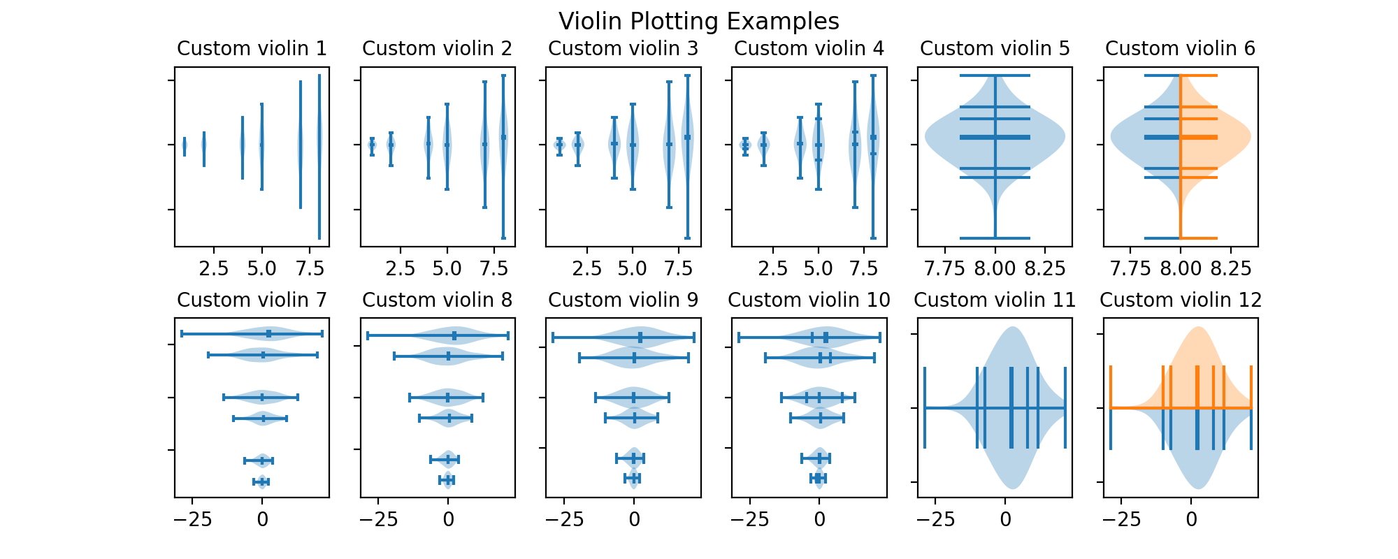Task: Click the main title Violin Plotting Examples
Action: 699,22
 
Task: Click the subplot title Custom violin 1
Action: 252,48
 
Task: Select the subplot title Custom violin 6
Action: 1180,48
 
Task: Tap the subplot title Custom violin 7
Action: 252,300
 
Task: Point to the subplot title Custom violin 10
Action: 809,300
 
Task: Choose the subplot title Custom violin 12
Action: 1181,300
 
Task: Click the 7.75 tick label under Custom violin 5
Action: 945,269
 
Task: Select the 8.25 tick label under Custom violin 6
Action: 1230,269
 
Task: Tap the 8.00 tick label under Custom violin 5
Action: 995,269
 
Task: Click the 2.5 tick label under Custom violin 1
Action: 214,269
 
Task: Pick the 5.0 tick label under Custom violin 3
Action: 633,269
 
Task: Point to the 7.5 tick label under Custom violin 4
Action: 865,269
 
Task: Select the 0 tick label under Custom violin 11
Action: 1005,520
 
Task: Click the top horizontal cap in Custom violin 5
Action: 995,75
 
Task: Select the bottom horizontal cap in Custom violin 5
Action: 995,238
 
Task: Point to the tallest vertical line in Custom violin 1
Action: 319,157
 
